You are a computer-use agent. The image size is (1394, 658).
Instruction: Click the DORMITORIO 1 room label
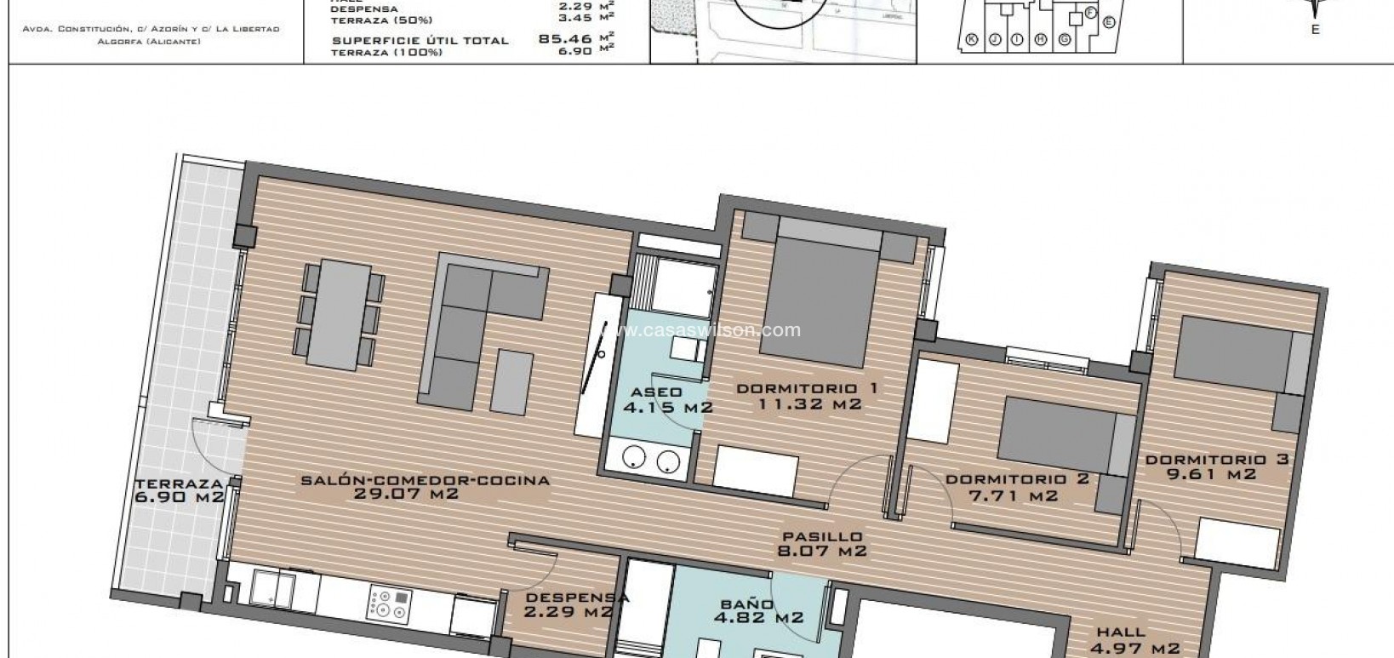coord(807,389)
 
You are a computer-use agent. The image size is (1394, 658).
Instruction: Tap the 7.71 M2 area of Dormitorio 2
coord(1016,495)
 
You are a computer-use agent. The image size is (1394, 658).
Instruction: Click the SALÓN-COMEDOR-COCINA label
coord(426,480)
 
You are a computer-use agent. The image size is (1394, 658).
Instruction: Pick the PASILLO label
coord(823,537)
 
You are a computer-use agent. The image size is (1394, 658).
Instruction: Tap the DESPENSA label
coord(572,598)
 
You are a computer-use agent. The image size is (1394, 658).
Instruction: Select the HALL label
coord(1122,633)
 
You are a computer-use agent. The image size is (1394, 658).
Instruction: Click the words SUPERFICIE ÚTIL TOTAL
coord(420,40)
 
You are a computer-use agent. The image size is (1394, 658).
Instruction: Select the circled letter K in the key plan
coord(972,38)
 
